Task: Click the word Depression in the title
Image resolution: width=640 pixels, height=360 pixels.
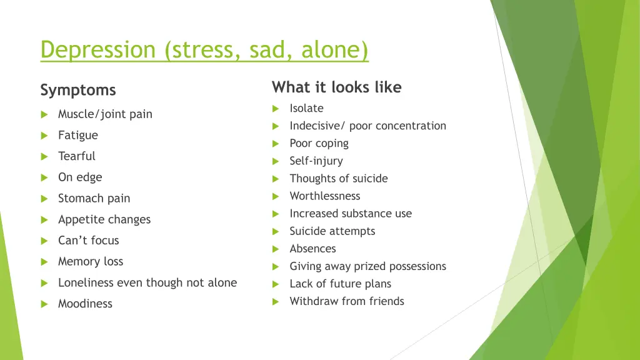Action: click(97, 49)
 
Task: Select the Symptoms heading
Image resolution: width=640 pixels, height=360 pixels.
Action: click(78, 90)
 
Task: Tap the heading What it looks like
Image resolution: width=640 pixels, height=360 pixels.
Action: click(336, 87)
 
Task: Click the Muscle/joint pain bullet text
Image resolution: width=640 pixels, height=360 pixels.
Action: click(105, 114)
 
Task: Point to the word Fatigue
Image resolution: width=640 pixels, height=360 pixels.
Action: click(78, 135)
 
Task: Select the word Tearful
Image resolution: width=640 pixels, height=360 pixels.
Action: click(77, 156)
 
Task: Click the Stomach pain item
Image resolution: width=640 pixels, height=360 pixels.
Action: click(94, 199)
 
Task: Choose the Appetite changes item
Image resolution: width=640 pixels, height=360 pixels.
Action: click(104, 219)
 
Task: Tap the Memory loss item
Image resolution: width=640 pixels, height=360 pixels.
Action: click(91, 262)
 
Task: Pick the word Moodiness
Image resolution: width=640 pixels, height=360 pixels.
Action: click(85, 304)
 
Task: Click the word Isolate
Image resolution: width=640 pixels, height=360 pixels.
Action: click(306, 108)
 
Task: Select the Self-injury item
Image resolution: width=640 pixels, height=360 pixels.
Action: click(316, 161)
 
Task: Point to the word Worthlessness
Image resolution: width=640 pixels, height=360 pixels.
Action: click(325, 196)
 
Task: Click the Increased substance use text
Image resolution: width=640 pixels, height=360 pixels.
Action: click(351, 214)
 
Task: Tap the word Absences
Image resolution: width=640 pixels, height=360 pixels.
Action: click(312, 249)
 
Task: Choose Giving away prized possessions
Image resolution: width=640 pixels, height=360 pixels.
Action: click(367, 266)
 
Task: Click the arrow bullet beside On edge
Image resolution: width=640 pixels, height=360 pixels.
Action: click(44, 177)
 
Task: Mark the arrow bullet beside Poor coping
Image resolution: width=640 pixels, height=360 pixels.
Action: click(276, 144)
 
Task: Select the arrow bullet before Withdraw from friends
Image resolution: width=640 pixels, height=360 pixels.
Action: click(276, 302)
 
